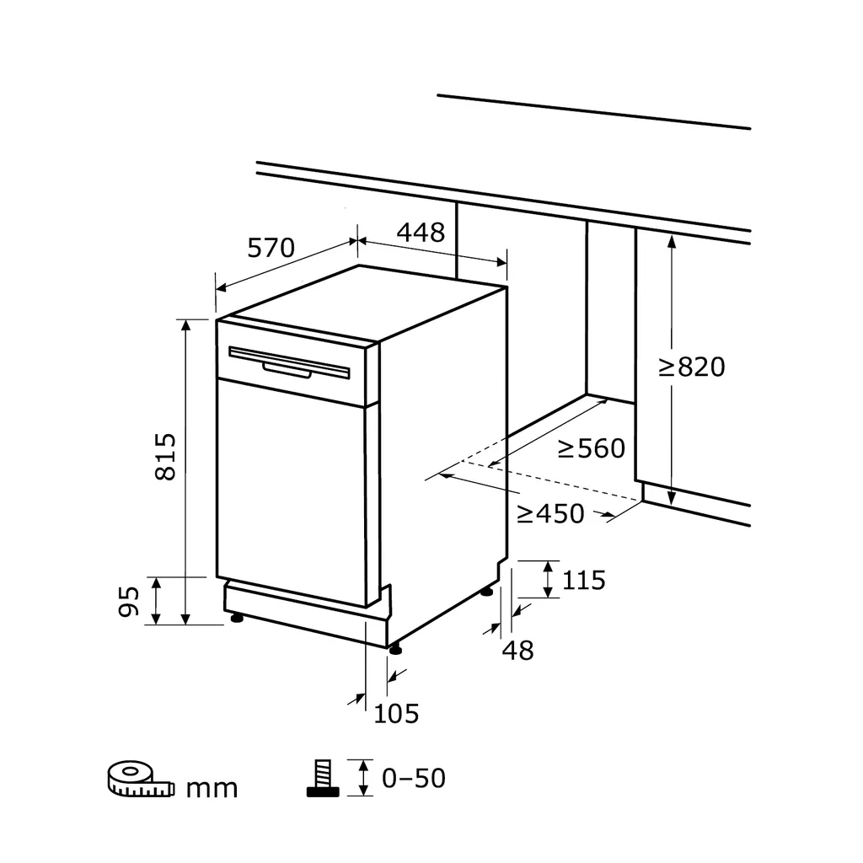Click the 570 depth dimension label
click(271, 248)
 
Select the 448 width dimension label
click(421, 233)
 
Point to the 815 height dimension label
click(165, 457)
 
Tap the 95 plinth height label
click(129, 602)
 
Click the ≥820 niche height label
click(692, 367)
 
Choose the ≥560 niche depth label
click(592, 448)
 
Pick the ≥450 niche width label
click(550, 514)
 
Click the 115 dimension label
click(584, 580)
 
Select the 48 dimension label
click(518, 651)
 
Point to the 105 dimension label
click(396, 714)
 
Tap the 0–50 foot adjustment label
click(414, 778)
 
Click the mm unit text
click(212, 789)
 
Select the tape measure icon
click(141, 780)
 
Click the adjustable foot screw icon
click(323, 778)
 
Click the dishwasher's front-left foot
click(237, 618)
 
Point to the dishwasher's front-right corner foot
click(394, 650)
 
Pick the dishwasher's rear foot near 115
click(487, 592)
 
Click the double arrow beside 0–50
click(363, 778)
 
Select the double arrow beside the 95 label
click(156, 601)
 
